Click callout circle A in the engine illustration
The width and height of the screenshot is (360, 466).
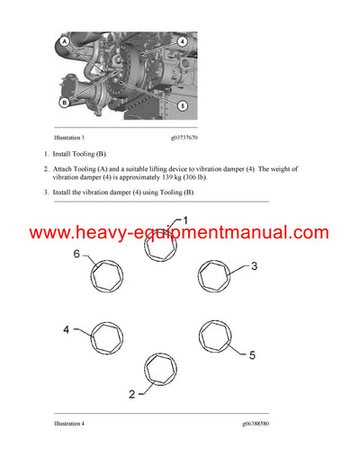[x=64, y=41]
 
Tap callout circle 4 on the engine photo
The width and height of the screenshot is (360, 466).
[x=182, y=41]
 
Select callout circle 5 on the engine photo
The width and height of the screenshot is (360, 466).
[x=182, y=105]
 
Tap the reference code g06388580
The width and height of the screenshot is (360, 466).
[x=261, y=422]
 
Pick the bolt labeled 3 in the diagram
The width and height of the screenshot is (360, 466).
[x=216, y=278]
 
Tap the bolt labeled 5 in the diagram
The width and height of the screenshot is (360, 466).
[x=216, y=338]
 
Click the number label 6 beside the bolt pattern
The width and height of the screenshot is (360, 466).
[x=76, y=255]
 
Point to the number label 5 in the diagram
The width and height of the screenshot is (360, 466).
[x=251, y=355]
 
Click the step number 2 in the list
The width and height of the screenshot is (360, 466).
[x=48, y=169]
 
